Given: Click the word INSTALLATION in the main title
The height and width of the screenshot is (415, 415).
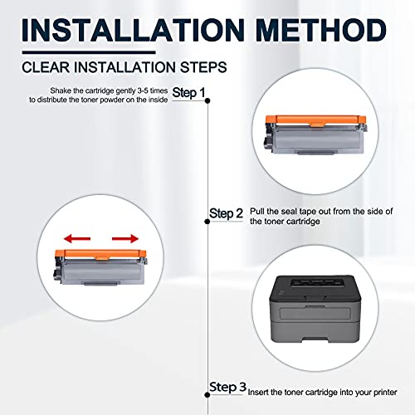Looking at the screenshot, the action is [x=133, y=30].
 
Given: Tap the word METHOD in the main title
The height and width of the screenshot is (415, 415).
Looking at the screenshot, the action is [x=321, y=30].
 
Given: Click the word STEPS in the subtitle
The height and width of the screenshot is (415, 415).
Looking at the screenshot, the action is [x=203, y=67].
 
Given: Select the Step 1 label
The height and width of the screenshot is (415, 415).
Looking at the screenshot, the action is [x=188, y=92].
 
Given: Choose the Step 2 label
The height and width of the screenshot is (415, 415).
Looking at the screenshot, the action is [x=226, y=213].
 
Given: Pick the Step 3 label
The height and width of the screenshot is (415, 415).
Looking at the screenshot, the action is [x=227, y=387].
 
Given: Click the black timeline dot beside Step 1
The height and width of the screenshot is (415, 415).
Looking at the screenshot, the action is [x=207, y=100].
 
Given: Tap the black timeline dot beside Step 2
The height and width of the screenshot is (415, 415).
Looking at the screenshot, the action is [x=207, y=222].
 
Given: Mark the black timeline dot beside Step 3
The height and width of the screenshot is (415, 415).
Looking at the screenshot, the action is [x=207, y=395].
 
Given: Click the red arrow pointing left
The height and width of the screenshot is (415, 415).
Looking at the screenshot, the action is [x=77, y=238].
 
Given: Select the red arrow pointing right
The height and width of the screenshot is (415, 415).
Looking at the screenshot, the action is [x=125, y=238].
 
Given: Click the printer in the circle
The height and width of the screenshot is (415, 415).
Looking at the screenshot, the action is [x=315, y=309].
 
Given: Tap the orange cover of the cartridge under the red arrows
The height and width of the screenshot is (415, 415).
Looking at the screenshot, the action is [x=100, y=254].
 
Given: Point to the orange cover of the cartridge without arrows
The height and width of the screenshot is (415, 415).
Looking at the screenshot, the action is [x=315, y=120].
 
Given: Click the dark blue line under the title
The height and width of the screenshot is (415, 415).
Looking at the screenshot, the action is [x=89, y=52].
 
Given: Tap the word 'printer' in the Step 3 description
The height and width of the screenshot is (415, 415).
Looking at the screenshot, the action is [x=385, y=393].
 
